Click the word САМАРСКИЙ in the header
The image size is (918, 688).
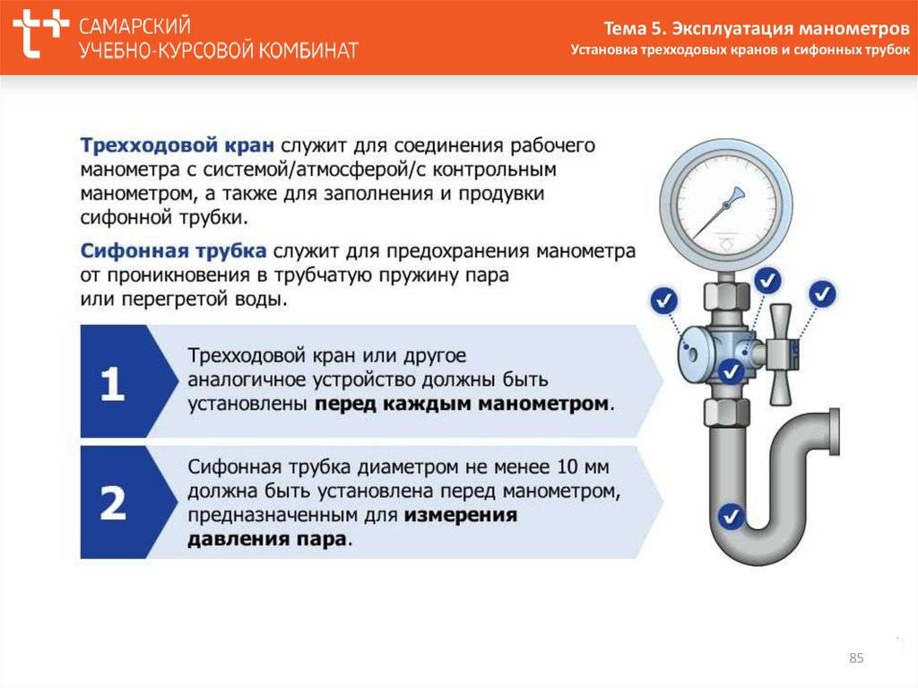point(134,26)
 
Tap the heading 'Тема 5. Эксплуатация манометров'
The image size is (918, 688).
point(757,28)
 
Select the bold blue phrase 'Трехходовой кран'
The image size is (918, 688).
point(177,145)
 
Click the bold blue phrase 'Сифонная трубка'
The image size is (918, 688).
point(173,251)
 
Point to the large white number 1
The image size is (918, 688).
point(112,384)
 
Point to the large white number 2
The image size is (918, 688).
point(113,503)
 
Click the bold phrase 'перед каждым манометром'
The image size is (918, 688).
point(462,404)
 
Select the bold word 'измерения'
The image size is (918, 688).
point(461,515)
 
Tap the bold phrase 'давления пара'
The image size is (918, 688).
point(267,539)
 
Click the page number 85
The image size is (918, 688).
point(856,658)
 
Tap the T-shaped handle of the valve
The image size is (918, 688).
point(780,354)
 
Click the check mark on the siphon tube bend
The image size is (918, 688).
point(731,517)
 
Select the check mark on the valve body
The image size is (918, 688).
point(731,371)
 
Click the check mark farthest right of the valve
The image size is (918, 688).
point(823,293)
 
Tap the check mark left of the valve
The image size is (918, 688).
point(664,300)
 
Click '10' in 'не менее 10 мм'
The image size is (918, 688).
point(567,467)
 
